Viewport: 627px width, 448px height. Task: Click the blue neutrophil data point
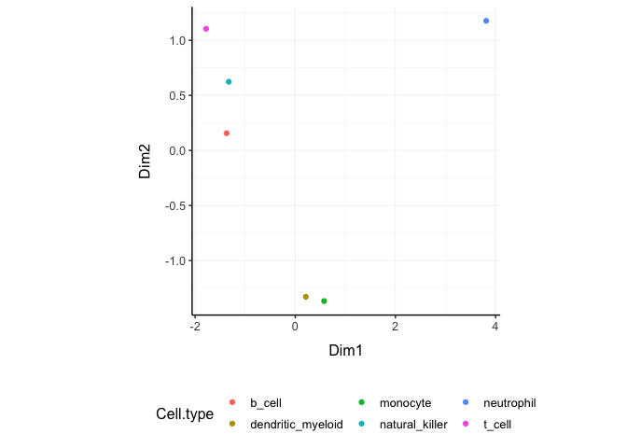[486, 21]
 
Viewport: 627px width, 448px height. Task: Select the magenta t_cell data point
[206, 29]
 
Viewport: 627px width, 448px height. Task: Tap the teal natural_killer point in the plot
[229, 82]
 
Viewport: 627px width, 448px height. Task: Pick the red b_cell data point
[227, 133]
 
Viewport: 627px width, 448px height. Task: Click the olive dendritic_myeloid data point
[306, 297]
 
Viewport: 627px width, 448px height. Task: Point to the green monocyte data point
[324, 301]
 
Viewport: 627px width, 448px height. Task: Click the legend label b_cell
[266, 403]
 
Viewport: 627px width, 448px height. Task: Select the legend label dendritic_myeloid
[297, 425]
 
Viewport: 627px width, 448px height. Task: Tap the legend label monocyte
[406, 403]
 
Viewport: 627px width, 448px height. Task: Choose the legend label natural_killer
[413, 425]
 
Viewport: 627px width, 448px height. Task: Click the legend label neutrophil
[509, 403]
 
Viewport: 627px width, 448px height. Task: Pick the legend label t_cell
[497, 425]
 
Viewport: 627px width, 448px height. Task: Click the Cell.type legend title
[185, 414]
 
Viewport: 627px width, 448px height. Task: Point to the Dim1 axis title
[345, 350]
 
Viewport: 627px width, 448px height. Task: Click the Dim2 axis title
[145, 161]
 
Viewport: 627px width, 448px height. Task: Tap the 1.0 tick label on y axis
[177, 41]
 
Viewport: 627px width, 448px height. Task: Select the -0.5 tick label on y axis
[175, 206]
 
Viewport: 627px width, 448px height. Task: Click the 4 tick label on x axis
[495, 327]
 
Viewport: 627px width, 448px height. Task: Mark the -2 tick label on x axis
[195, 327]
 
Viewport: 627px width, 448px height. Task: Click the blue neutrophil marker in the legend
[466, 402]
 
